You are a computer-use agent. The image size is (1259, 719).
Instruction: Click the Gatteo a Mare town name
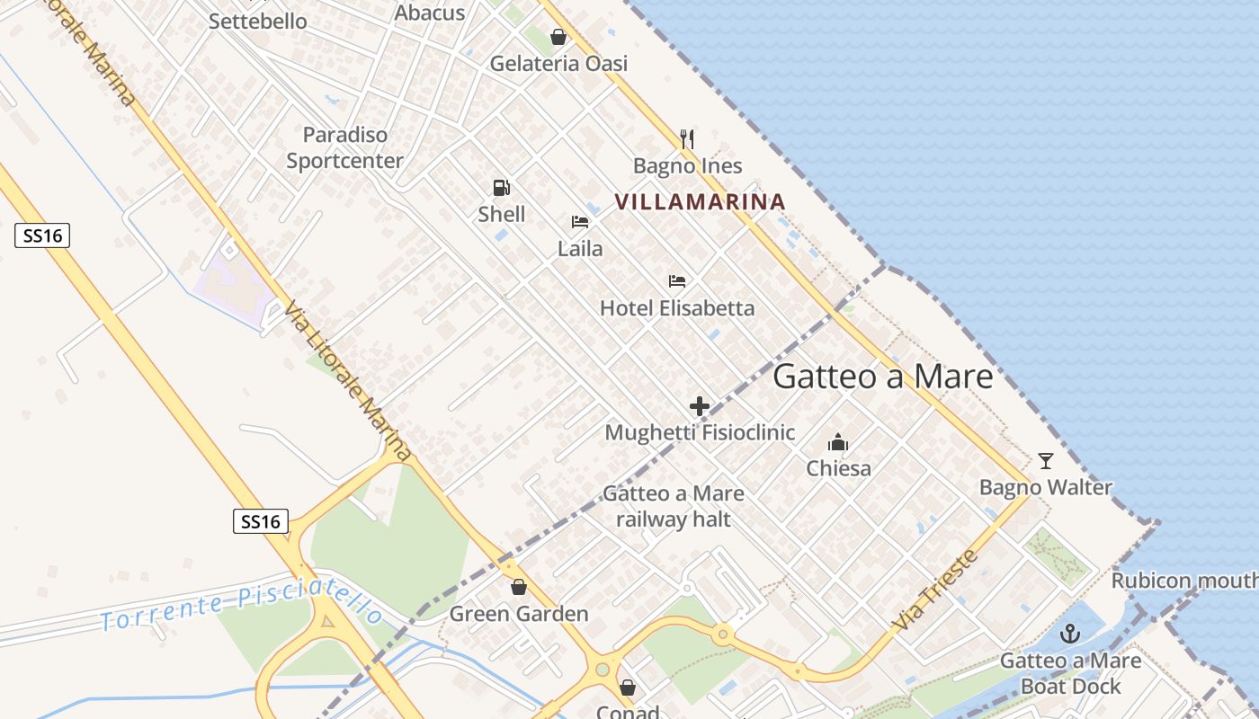[x=882, y=377]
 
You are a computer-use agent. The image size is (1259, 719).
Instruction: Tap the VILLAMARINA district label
[x=701, y=201]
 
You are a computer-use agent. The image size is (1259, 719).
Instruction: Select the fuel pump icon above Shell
[x=502, y=188]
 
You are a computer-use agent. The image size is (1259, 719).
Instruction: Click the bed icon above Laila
[x=580, y=222]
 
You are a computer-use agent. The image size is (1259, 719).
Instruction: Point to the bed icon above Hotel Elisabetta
[x=677, y=281]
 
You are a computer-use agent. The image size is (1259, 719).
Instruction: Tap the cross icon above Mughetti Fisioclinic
[x=700, y=406]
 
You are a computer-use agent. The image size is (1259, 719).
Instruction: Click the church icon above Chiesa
[x=838, y=442]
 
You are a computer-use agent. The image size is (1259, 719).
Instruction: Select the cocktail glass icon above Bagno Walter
[x=1045, y=461]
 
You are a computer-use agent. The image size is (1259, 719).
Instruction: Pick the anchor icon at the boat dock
[x=1069, y=635]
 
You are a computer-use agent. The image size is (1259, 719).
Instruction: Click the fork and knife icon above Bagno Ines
[x=687, y=138]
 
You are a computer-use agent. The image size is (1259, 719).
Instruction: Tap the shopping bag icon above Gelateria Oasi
[x=558, y=38]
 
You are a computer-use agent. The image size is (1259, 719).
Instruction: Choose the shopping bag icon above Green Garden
[x=519, y=588]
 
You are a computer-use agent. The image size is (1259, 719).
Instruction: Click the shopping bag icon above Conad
[x=628, y=688]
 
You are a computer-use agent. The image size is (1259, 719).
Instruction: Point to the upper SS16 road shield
[x=42, y=236]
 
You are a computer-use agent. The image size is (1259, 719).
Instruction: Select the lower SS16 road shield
[x=261, y=521]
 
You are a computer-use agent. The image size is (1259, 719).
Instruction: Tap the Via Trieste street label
[x=935, y=590]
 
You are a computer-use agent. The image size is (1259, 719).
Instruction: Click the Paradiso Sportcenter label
[x=345, y=148]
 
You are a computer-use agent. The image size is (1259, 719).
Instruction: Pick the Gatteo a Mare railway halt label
[x=674, y=506]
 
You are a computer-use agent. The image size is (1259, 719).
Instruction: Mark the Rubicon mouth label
[x=1183, y=581]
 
